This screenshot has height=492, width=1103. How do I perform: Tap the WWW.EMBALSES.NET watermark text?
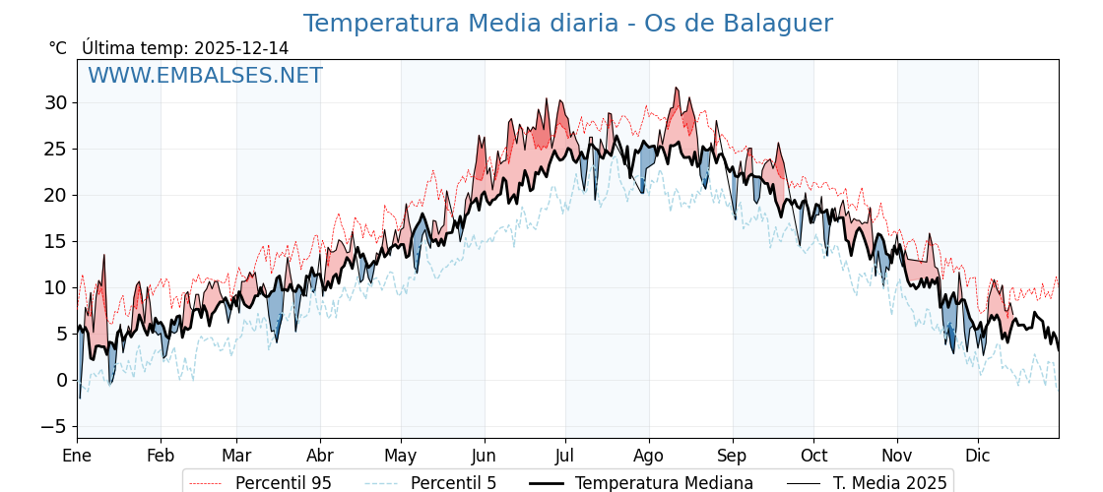click(x=205, y=76)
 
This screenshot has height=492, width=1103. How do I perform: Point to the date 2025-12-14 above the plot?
click(x=241, y=48)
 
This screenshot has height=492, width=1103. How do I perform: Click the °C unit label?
click(x=58, y=48)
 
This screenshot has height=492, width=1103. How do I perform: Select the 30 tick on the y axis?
click(x=55, y=102)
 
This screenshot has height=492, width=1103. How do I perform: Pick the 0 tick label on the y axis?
click(x=62, y=380)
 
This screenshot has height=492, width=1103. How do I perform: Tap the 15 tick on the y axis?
click(x=55, y=241)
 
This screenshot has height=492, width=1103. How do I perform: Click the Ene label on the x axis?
click(x=77, y=456)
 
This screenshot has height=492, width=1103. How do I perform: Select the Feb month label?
click(x=161, y=456)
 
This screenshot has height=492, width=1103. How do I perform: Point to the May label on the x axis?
click(x=401, y=456)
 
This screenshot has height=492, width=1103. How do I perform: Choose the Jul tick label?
click(x=565, y=456)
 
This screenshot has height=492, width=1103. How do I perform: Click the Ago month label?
click(x=648, y=456)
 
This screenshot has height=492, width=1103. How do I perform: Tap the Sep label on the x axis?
click(x=733, y=456)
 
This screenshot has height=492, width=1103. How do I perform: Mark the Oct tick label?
click(x=813, y=456)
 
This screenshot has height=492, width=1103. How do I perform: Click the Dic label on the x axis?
click(x=978, y=456)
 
